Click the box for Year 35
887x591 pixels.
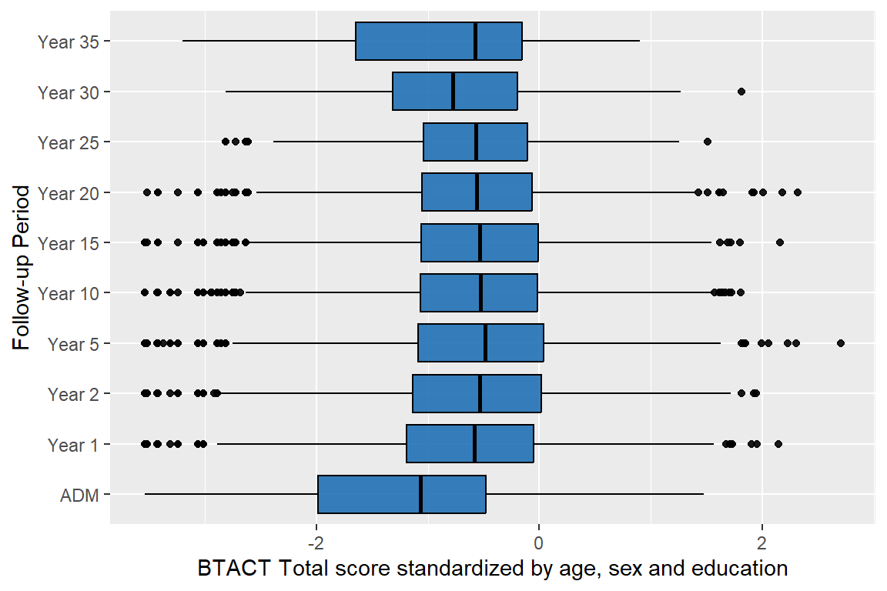click(x=439, y=41)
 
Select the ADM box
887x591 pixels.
click(x=402, y=494)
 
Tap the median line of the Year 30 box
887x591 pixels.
click(x=453, y=92)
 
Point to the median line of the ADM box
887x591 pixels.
click(x=420, y=494)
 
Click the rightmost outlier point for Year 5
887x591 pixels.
click(x=840, y=343)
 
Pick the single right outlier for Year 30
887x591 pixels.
click(x=741, y=92)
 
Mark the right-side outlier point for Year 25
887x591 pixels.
click(x=708, y=142)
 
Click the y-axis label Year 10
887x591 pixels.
click(x=73, y=293)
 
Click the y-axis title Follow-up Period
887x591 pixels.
click(x=23, y=267)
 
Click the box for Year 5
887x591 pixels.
click(x=480, y=343)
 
